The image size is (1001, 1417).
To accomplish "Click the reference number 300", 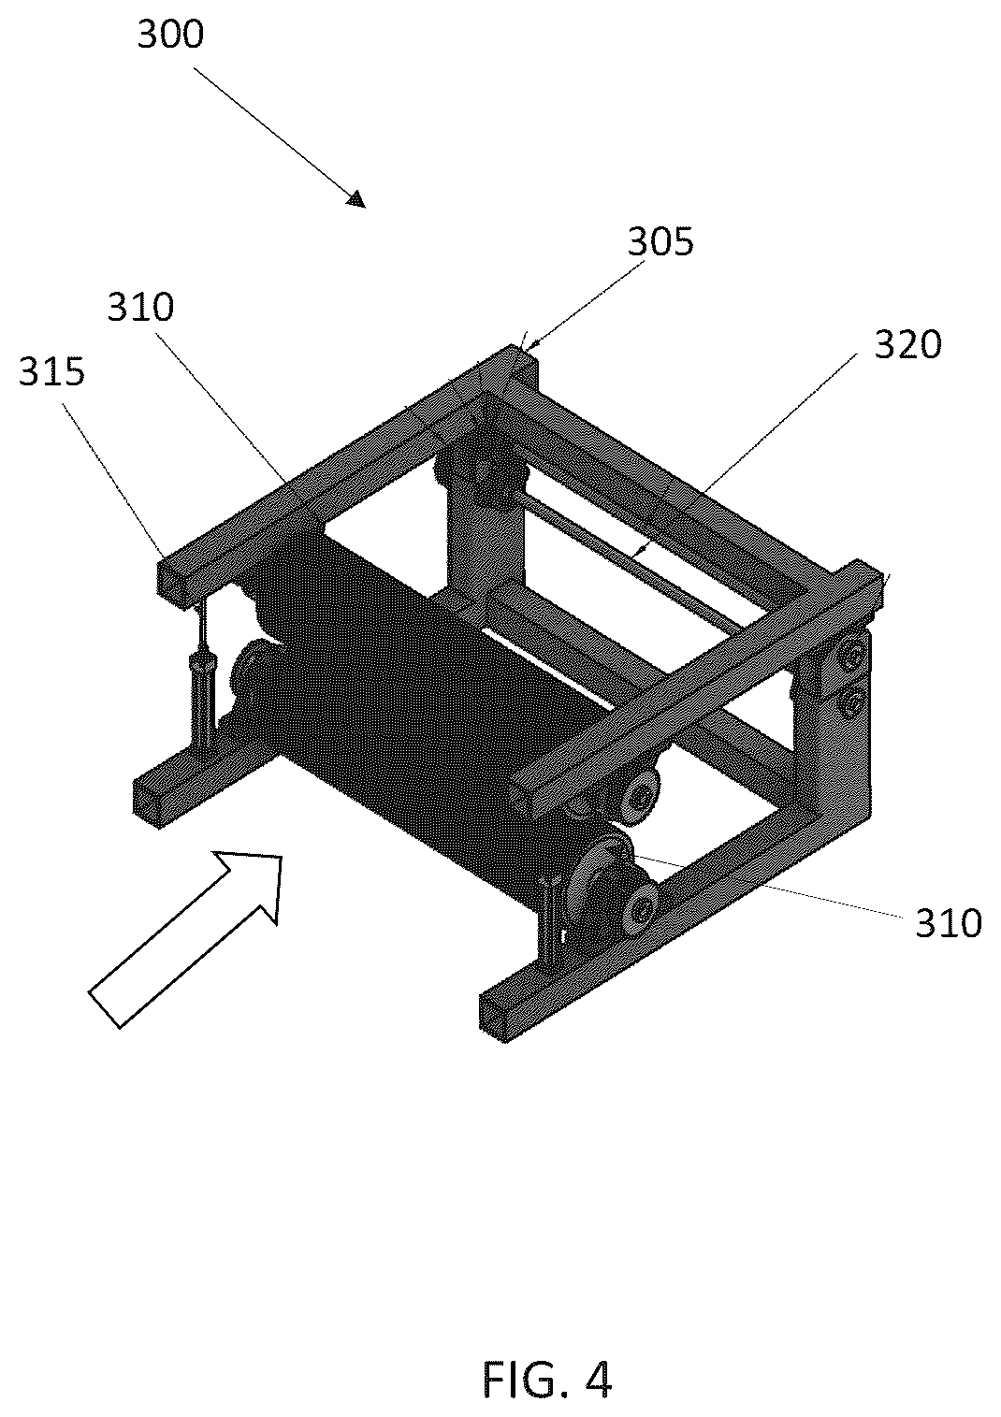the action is pos(171,35).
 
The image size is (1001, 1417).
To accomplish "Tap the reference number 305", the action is pos(660,241).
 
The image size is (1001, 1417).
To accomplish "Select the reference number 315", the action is pos(51,371).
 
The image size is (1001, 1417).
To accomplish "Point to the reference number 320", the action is pos(908,345).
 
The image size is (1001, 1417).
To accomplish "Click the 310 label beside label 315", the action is pos(140,307).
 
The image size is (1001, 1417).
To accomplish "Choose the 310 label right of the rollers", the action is pos(949,923).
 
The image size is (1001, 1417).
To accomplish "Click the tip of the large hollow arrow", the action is pos(281,856).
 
